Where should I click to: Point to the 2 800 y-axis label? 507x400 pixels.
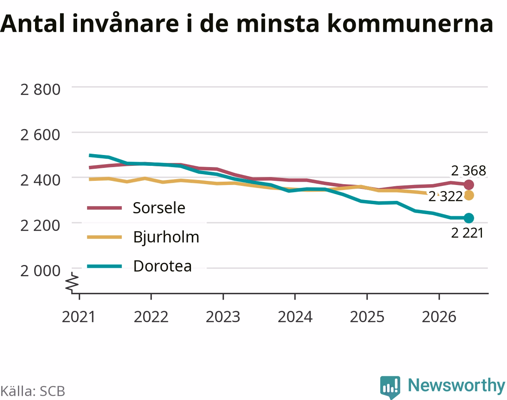coord(40,90)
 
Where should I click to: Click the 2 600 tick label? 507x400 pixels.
coord(40,135)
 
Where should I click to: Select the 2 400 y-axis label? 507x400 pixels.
coord(40,180)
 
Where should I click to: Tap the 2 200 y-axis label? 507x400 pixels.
coord(40,226)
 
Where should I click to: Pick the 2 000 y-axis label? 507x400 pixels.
coord(40,271)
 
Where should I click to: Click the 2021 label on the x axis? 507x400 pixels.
coord(79,317)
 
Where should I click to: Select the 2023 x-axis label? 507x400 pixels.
coord(223,317)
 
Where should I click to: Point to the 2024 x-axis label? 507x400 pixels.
coord(295,317)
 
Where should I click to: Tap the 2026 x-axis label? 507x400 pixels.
coord(439,317)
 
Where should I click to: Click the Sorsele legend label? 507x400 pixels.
coord(159,208)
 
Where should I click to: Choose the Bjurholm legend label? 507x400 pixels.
coord(166,237)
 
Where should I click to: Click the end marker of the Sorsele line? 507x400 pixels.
coord(469,185)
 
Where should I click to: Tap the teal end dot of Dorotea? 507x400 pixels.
coord(469,218)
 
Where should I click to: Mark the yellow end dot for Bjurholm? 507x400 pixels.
coord(469,195)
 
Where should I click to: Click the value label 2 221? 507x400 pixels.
coord(467,233)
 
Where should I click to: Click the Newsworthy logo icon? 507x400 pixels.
coord(390,387)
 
